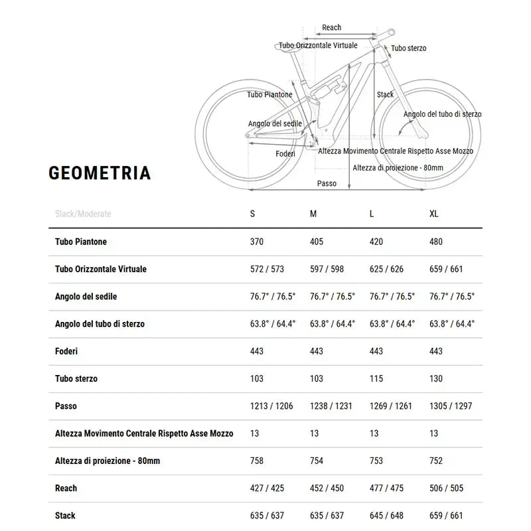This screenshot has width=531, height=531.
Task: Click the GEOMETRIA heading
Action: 100,173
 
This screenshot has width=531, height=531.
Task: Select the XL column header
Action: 434,214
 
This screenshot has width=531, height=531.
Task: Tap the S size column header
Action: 252,214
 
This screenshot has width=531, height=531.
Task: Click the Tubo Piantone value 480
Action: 436,242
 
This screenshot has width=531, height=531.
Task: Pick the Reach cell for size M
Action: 327,488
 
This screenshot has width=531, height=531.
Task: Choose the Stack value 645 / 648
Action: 386,515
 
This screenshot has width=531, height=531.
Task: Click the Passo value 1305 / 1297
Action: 451,406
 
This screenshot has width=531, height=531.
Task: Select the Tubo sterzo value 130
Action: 436,378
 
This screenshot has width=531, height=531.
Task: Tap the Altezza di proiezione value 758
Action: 256,461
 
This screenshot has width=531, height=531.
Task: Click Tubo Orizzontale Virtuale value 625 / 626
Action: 386,269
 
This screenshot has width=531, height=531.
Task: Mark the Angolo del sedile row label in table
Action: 86,296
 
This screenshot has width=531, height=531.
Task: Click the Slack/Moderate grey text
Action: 83,214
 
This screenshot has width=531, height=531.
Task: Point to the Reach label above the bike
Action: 331,27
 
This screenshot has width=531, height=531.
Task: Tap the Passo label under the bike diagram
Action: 327,183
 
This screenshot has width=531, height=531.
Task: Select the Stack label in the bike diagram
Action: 385,94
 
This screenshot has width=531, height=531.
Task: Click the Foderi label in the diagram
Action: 285,154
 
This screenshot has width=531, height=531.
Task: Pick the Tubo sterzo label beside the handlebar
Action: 408,48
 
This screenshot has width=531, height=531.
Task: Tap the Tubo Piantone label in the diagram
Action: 269,95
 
